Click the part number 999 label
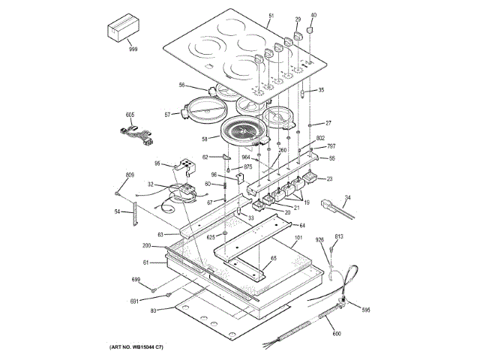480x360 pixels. (x=133, y=49)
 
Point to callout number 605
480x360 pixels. (x=130, y=115)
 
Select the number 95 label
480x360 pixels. (x=157, y=163)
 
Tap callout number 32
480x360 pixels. (x=151, y=184)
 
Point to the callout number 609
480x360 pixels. (x=129, y=175)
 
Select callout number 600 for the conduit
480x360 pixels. (x=336, y=333)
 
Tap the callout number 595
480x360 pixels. (x=366, y=309)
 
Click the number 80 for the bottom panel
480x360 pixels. (x=154, y=310)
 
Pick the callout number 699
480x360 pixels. (x=136, y=279)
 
